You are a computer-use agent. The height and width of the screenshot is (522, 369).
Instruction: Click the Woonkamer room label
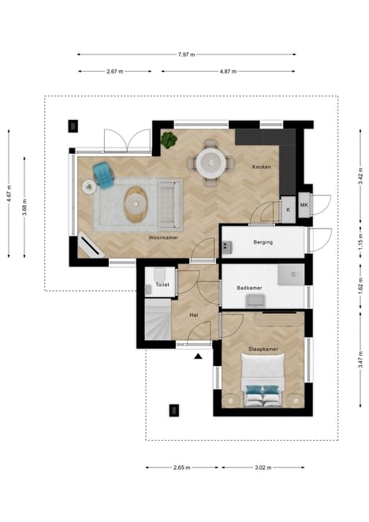tap(163, 237)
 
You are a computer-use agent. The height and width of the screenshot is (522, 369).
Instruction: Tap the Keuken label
tap(262, 167)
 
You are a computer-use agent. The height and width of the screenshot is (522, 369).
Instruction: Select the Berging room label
tap(263, 242)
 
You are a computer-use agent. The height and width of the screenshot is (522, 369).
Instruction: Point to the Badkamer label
tap(249, 288)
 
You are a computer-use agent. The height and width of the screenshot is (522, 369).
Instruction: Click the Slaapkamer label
tap(263, 349)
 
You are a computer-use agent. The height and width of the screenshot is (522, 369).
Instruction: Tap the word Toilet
tap(162, 285)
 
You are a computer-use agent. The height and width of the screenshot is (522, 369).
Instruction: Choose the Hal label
tap(194, 315)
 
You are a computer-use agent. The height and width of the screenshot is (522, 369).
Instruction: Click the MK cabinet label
tap(304, 205)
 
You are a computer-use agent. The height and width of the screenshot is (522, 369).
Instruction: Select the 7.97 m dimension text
tap(187, 54)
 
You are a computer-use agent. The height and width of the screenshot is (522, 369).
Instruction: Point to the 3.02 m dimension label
tap(263, 468)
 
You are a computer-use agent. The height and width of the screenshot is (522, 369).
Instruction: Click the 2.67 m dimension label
tap(115, 71)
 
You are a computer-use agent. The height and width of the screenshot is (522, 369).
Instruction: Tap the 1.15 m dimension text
tap(360, 243)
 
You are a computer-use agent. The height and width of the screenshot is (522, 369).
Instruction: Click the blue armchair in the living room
tap(103, 175)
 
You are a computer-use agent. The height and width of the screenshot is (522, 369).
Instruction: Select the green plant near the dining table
tap(169, 140)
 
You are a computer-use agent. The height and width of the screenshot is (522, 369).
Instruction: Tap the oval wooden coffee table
tap(136, 204)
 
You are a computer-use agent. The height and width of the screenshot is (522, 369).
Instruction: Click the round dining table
tap(211, 162)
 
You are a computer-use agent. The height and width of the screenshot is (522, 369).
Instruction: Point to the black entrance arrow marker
tap(198, 357)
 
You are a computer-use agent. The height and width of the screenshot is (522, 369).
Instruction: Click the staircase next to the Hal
tap(158, 319)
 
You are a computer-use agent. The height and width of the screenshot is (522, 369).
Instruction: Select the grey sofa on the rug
tap(170, 205)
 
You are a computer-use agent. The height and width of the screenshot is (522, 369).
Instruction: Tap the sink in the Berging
tap(227, 248)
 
